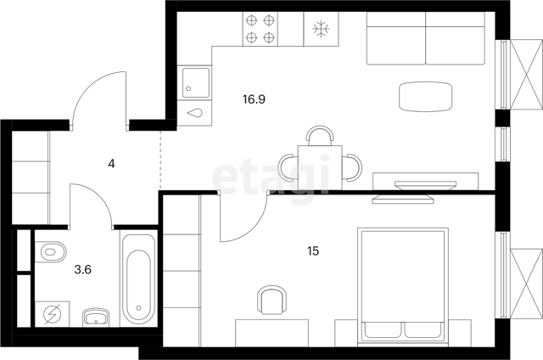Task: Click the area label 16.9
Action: (254, 99)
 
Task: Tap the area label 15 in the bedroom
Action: (313, 250)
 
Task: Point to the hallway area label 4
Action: (111, 164)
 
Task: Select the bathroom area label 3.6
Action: (83, 269)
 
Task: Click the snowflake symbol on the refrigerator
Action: (321, 29)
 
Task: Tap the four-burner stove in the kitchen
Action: (260, 29)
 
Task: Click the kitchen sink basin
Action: (196, 82)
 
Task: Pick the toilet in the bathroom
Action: (53, 251)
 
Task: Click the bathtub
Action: (138, 279)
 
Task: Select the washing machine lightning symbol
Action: (53, 314)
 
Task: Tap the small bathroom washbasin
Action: (96, 317)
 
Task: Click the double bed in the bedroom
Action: (403, 286)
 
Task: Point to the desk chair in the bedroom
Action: (271, 300)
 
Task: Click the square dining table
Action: (320, 167)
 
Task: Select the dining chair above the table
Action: (321, 136)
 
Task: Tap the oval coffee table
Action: (426, 97)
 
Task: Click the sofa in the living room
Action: (426, 38)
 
